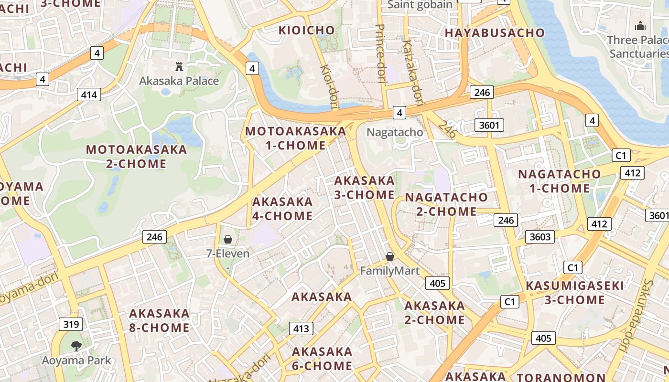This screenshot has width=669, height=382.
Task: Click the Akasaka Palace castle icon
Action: pos(179,66)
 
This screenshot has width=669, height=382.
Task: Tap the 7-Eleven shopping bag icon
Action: pos(228,239)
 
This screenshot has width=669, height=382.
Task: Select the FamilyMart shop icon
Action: pos(390,257)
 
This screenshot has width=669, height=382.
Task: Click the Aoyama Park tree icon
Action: pos(76,346)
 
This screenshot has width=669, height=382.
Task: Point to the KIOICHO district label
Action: pos(307,31)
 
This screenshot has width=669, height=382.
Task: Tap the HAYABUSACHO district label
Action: pos(495,33)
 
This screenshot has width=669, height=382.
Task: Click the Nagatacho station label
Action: pos(395,132)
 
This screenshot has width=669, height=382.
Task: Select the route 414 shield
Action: pos(89,95)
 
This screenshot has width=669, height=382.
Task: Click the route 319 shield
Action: pos(71,325)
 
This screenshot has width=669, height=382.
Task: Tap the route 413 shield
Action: pos(301,329)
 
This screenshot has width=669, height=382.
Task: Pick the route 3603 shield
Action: pos(540,236)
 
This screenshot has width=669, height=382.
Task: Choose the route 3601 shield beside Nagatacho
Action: pos(489,126)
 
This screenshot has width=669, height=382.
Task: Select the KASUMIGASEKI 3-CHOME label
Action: pos(575,293)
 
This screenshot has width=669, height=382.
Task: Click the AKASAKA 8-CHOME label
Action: pos(159,320)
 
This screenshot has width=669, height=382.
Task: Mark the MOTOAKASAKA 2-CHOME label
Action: pos(136,157)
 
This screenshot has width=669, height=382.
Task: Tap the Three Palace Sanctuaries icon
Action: pos(640,26)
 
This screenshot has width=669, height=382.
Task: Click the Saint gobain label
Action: pos(420,5)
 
